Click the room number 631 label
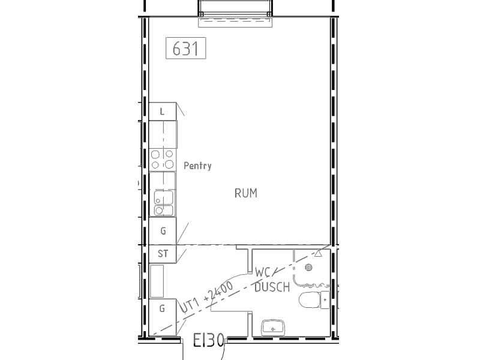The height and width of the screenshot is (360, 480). (x=186, y=48)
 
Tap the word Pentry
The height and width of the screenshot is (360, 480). (x=197, y=166)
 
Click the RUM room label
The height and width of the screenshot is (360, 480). (x=246, y=193)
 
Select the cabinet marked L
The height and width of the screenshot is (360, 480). (x=163, y=112)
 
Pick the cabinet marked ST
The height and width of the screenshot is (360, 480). (x=163, y=254)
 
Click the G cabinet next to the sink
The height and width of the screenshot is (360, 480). (x=163, y=231)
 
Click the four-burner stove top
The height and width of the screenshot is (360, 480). (x=163, y=160)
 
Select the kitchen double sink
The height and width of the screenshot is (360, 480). (x=163, y=203)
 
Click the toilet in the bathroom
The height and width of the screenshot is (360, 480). (x=314, y=300)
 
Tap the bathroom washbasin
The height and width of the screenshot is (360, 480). (x=273, y=328)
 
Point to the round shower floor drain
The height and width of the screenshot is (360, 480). (x=308, y=267)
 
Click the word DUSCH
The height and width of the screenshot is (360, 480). (x=272, y=287)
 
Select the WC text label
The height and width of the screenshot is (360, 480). (x=263, y=272)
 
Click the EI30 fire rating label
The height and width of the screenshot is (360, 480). (x=209, y=340)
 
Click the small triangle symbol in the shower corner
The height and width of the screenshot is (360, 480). (x=318, y=253)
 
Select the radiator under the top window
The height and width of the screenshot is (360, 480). (x=235, y=22)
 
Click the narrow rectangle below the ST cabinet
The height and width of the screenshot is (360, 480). (x=157, y=281)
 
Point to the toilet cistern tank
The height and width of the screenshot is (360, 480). (x=325, y=300)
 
